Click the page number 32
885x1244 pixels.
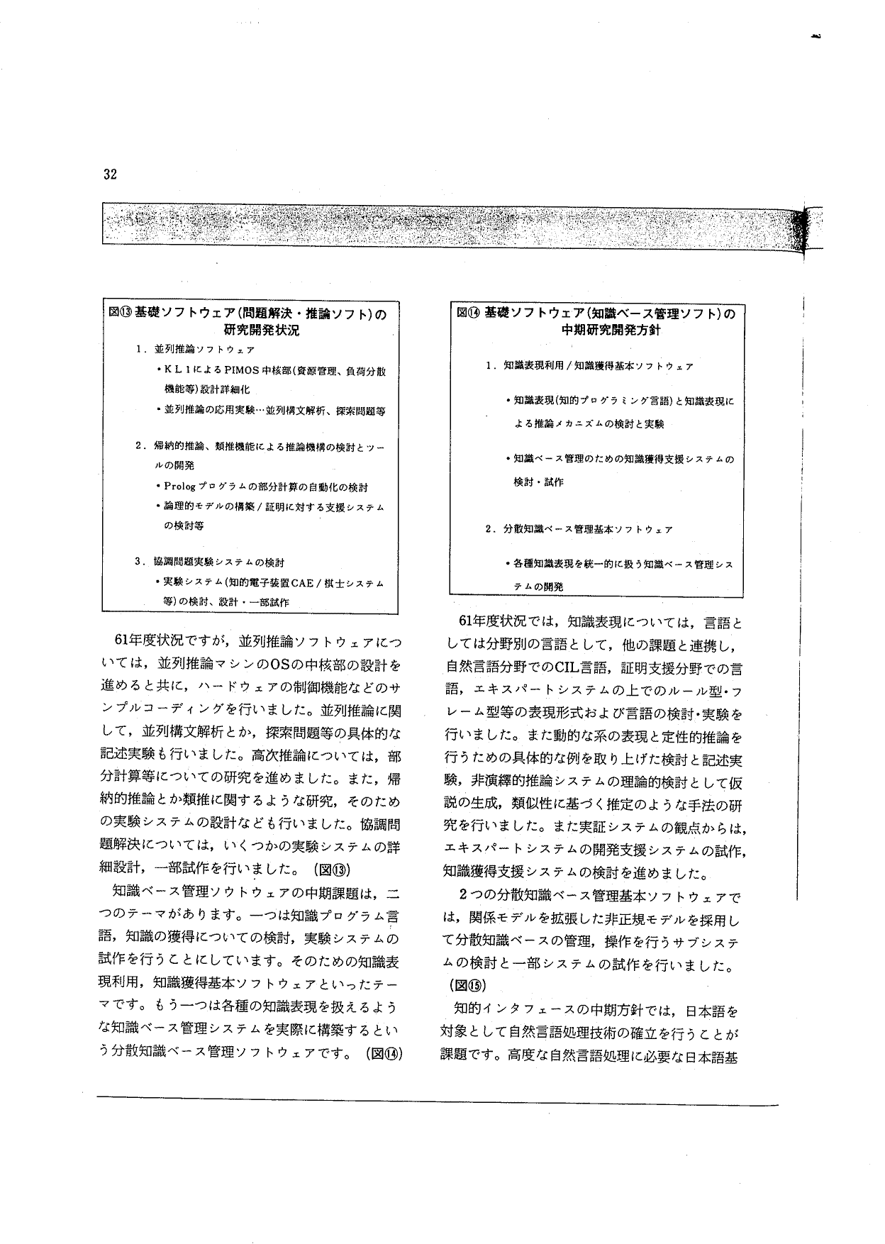coord(110,175)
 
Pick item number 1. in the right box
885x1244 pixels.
coord(491,367)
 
